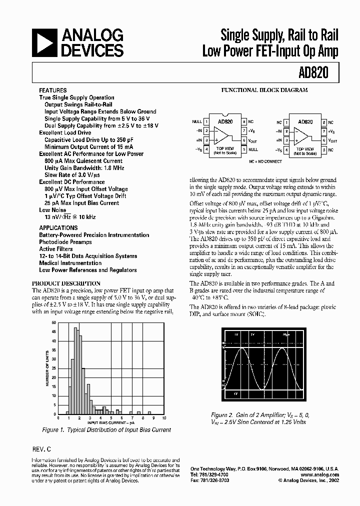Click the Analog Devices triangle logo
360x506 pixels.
coord(44,43)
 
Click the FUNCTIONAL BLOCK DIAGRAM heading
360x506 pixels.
coord(264,90)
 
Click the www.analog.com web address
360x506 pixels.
coord(320,474)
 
